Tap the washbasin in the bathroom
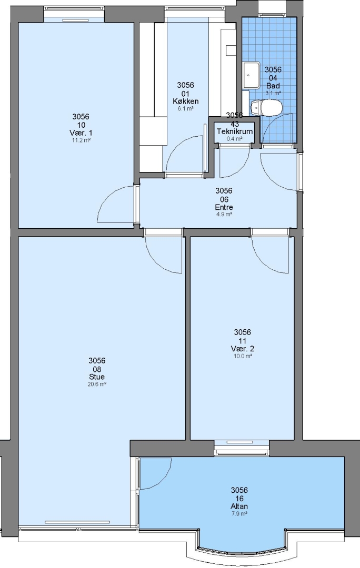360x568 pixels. (x=251, y=75)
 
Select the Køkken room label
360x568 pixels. (x=185, y=101)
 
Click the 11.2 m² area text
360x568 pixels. (x=81, y=140)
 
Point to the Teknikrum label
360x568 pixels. (x=235, y=131)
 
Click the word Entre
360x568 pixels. (x=224, y=207)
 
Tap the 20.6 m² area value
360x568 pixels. (x=97, y=384)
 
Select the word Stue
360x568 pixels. (x=97, y=377)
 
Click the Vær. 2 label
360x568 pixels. (x=242, y=349)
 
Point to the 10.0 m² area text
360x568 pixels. (x=243, y=356)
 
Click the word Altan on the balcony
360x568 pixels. (x=239, y=506)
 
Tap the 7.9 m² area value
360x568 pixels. (x=239, y=514)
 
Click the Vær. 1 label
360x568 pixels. (x=81, y=133)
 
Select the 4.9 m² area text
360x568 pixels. (x=224, y=215)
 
